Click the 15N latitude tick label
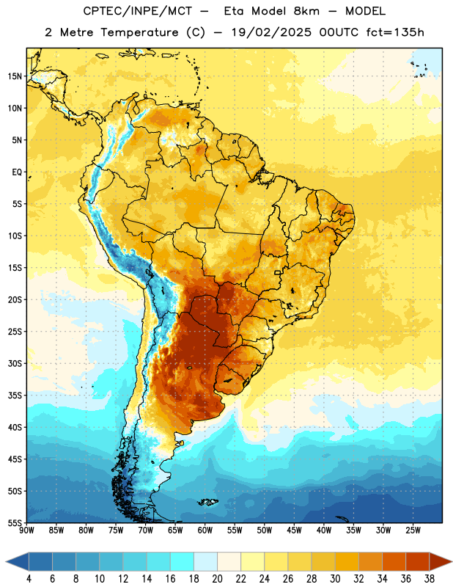click(15, 76)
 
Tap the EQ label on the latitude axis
click(17, 172)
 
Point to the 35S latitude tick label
click(15, 395)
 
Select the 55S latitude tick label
click(15, 522)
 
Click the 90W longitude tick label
click(27, 530)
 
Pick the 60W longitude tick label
click(205, 530)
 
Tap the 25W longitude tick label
click(413, 530)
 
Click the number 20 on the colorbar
click(217, 579)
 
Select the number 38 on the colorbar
click(430, 579)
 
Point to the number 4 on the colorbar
click(29, 579)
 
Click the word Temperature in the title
click(139, 32)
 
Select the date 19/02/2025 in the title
click(271, 32)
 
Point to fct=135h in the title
click(395, 32)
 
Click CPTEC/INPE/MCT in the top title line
click(138, 11)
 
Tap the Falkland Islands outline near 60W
click(207, 502)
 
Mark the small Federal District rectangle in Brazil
click(278, 272)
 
